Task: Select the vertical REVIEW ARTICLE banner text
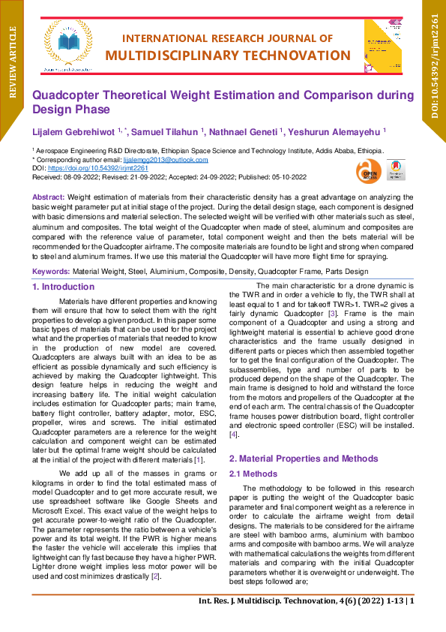pos(12,62)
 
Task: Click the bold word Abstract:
pos(49,195)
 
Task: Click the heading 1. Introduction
pos(63,287)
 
